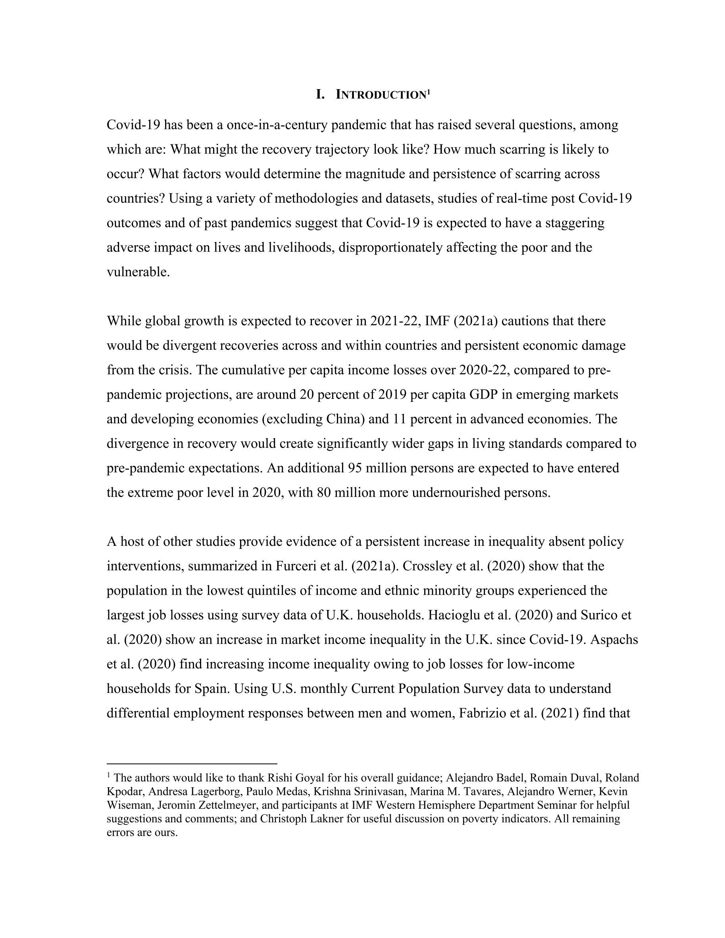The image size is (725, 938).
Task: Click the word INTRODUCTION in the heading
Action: tap(380, 95)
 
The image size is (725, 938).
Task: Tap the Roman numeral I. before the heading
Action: tap(320, 94)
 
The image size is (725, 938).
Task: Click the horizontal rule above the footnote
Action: tap(192, 764)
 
